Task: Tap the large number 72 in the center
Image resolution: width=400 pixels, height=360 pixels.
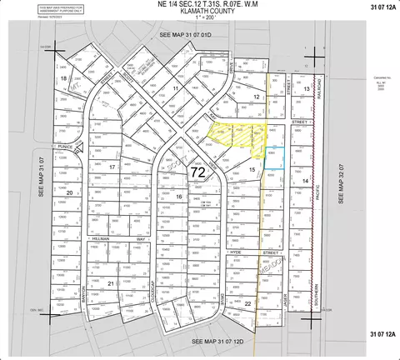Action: [198, 172]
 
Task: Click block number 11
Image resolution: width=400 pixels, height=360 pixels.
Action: [176, 87]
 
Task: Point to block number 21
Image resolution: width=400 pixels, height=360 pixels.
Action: [110, 283]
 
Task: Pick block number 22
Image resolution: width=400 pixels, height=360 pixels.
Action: [248, 305]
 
